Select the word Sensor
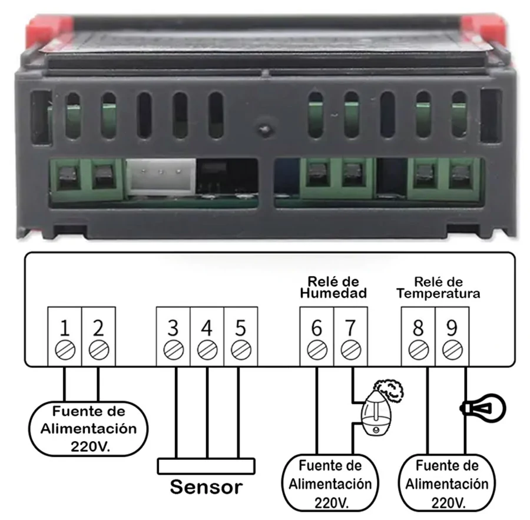[206, 488]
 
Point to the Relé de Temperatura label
[438, 287]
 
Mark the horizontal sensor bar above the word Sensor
[206, 465]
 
